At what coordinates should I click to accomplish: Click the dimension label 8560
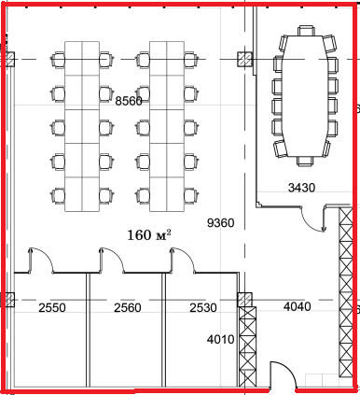[129, 101]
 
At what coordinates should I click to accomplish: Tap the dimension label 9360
[220, 223]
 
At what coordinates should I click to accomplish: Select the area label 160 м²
[149, 235]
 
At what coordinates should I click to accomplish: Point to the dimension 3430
[301, 188]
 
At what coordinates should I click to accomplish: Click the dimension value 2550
[52, 308]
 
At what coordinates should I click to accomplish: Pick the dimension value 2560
[128, 308]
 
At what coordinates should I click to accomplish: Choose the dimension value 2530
[203, 308]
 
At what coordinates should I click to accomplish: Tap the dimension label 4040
[297, 306]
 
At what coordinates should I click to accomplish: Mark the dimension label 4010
[220, 339]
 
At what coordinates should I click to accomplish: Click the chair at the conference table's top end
[306, 31]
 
